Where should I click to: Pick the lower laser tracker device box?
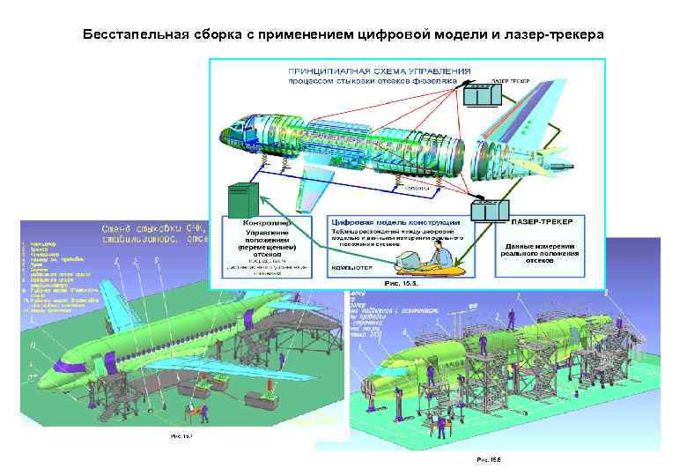[x=488, y=212]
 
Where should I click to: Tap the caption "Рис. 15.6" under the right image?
[x=489, y=459]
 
